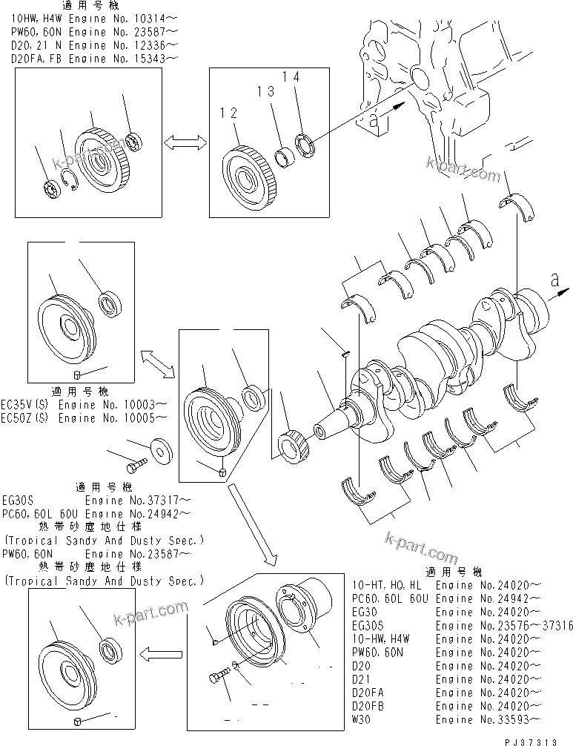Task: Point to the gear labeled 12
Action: pyautogui.click(x=245, y=180)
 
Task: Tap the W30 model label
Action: pyautogui.click(x=361, y=719)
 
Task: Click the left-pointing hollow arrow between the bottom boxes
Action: pyautogui.click(x=159, y=653)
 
